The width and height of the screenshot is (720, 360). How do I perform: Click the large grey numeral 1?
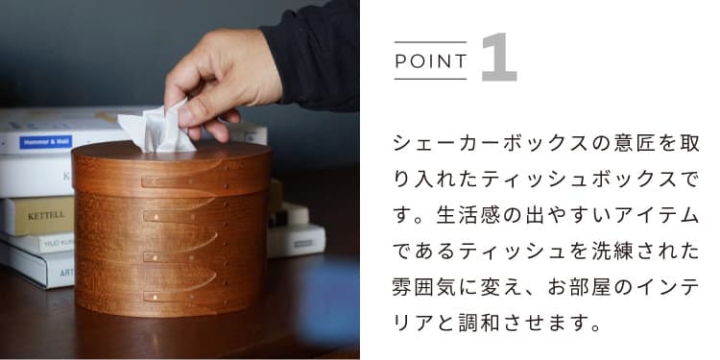[497, 58]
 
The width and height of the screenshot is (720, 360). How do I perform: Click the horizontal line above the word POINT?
[431, 42]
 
